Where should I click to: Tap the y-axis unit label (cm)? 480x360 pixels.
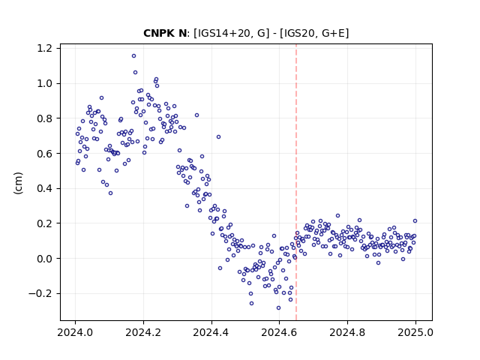pos(18,183)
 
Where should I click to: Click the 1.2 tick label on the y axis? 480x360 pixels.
pos(44,48)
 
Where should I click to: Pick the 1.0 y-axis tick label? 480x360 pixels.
pos(44,83)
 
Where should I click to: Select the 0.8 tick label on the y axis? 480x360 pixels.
pos(44,118)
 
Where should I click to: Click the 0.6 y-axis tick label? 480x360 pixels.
pos(44,153)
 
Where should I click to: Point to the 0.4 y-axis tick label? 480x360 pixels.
pos(44,188)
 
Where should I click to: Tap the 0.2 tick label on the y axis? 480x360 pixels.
pos(44,223)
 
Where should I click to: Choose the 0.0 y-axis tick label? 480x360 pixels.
pos(44,259)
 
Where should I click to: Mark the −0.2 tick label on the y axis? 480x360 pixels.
pos(40,293)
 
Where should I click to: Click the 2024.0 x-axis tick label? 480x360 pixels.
pos(75,332)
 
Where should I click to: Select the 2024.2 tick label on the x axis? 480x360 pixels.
pos(143,332)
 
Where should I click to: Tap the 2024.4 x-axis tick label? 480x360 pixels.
pos(211,332)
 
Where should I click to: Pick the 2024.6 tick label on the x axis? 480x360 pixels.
pos(279,332)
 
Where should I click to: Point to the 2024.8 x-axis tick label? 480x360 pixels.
pos(347,332)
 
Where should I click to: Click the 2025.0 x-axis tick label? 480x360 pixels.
pos(415,332)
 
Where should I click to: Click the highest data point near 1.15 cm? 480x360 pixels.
pos(133,56)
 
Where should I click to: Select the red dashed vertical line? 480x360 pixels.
pos(296,182)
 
